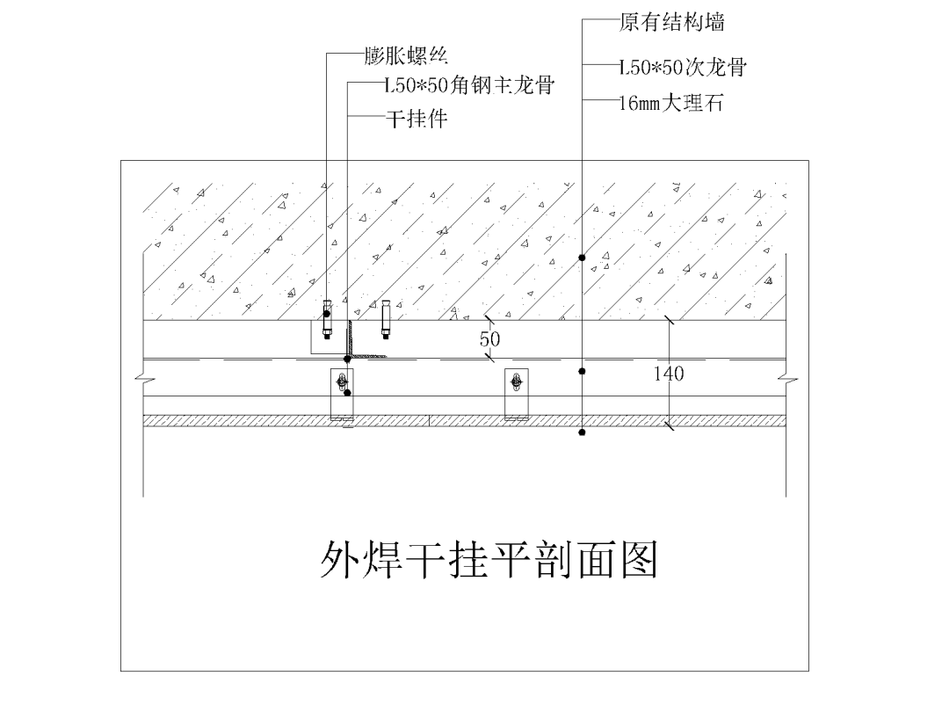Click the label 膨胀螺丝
tap(406, 57)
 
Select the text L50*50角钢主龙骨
tap(469, 86)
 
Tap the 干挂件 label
tap(417, 118)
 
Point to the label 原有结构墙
tap(672, 21)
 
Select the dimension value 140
tap(669, 374)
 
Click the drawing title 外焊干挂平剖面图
tap(489, 560)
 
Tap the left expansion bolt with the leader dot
tap(328, 321)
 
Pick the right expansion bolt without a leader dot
tap(385, 321)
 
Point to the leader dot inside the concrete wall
tap(583, 257)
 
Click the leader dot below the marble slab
tap(583, 432)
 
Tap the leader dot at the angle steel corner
tap(348, 359)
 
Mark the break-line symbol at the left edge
tap(144, 380)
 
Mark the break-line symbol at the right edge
tap(786, 380)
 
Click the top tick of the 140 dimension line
tap(670, 321)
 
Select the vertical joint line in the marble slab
tap(430, 420)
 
